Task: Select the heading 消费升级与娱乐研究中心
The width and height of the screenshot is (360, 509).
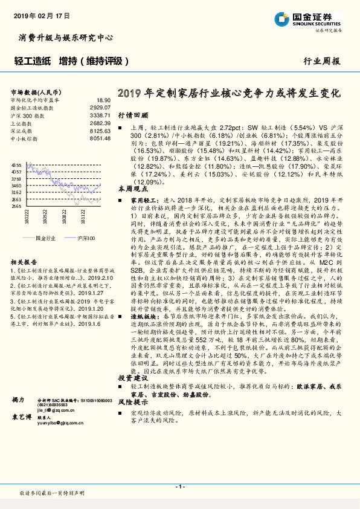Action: click(x=66, y=37)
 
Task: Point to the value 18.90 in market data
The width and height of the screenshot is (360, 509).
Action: click(x=103, y=100)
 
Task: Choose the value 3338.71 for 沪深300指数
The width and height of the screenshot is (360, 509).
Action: click(x=99, y=114)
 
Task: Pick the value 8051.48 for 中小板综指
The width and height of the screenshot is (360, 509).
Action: click(x=99, y=138)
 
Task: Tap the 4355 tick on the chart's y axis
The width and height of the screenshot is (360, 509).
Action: click(x=16, y=165)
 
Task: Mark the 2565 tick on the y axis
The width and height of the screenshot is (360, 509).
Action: click(x=16, y=206)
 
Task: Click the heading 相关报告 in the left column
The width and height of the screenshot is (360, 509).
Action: click(x=25, y=262)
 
